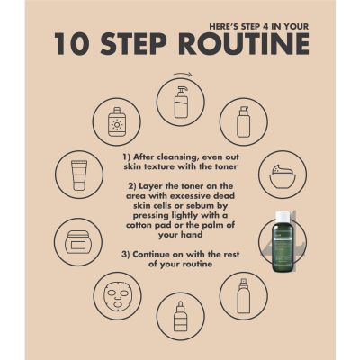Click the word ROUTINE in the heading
244,44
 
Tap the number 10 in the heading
72,44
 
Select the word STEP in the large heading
133,44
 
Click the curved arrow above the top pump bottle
183,75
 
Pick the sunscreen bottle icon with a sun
116,122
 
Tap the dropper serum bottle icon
181,316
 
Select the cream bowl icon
283,175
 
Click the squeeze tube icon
79,175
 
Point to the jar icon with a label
78,242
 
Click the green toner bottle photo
283,241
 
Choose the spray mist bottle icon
244,295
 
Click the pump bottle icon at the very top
181,103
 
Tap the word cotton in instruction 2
139,225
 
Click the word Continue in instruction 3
148,255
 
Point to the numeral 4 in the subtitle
265,26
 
